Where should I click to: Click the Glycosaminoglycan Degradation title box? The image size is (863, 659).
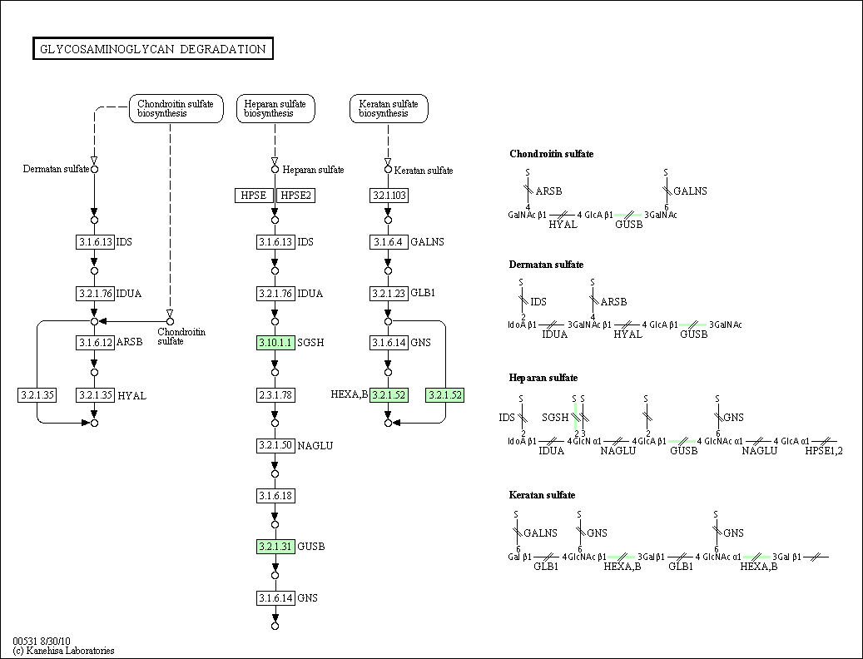pyautogui.click(x=153, y=49)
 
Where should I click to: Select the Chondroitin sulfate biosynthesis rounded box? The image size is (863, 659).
pyautogui.click(x=176, y=108)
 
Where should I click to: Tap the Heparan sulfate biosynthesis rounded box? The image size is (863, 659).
pyautogui.click(x=275, y=108)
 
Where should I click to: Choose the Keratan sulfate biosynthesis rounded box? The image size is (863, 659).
pyautogui.click(x=389, y=108)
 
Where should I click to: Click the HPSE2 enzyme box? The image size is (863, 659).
pyautogui.click(x=295, y=195)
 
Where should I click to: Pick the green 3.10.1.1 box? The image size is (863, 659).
pyautogui.click(x=275, y=343)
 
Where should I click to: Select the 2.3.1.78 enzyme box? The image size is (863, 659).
pyautogui.click(x=275, y=394)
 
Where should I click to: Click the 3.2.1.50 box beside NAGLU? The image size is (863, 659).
pyautogui.click(x=275, y=445)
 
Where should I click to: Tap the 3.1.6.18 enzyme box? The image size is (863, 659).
pyautogui.click(x=275, y=496)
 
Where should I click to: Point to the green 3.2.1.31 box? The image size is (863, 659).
pyautogui.click(x=275, y=547)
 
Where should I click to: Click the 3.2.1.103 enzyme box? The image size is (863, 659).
pyautogui.click(x=389, y=195)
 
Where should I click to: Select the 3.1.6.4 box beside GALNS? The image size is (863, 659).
pyautogui.click(x=389, y=242)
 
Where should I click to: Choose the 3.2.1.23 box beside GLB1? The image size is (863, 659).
pyautogui.click(x=389, y=293)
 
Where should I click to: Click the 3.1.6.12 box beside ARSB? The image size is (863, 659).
pyautogui.click(x=94, y=342)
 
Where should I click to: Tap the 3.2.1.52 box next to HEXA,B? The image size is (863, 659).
pyautogui.click(x=389, y=395)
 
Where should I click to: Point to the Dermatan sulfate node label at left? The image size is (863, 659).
pyautogui.click(x=57, y=169)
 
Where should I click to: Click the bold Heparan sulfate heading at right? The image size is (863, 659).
pyautogui.click(x=543, y=378)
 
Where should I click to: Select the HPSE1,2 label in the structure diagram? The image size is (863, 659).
pyautogui.click(x=824, y=451)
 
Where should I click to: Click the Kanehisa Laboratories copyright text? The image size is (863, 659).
pyautogui.click(x=64, y=651)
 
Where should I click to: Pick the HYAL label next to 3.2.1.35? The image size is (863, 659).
pyautogui.click(x=131, y=396)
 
